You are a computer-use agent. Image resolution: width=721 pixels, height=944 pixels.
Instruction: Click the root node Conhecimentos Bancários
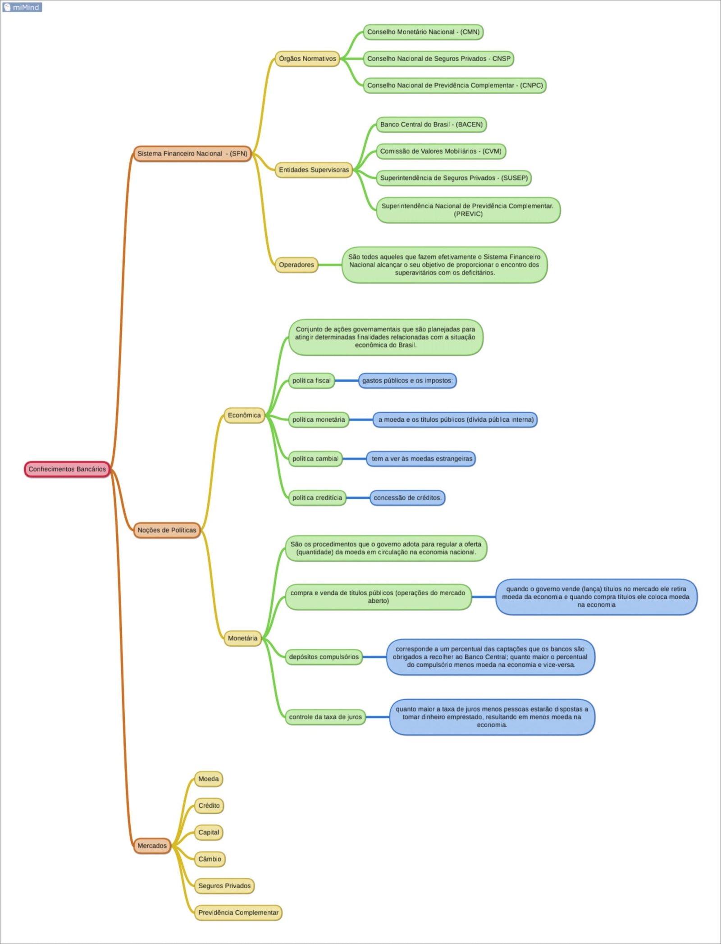point(67,469)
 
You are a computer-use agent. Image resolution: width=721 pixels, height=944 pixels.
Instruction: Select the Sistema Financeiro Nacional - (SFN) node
point(192,154)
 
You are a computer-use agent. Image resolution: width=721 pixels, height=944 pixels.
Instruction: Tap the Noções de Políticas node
point(167,530)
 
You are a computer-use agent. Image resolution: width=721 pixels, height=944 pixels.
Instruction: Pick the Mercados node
point(152,846)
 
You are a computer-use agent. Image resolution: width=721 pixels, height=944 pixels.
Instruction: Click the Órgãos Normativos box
point(307,59)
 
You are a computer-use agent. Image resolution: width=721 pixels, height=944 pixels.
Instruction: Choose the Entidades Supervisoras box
point(314,170)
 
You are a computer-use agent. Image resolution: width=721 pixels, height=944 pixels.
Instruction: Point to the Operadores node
point(296,265)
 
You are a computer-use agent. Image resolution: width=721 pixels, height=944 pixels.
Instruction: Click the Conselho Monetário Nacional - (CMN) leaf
point(423,32)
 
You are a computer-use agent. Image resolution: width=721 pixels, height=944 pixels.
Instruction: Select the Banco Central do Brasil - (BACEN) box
point(431,124)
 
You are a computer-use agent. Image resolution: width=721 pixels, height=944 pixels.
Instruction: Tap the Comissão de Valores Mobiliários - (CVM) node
point(441,151)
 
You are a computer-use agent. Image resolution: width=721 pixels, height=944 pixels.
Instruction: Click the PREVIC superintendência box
point(468,210)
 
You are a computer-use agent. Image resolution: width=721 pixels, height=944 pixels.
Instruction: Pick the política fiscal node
point(311,381)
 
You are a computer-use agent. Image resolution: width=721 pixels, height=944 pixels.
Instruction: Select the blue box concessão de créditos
point(407,498)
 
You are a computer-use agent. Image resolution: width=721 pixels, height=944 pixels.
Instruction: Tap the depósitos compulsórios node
point(324,657)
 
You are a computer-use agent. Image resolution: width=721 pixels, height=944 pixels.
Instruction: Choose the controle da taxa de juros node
point(325,717)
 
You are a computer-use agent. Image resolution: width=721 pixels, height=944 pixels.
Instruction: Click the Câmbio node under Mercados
point(210,859)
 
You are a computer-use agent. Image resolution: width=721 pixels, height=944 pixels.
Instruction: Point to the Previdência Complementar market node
point(238,912)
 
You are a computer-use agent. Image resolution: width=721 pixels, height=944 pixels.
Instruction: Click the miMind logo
point(22,7)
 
